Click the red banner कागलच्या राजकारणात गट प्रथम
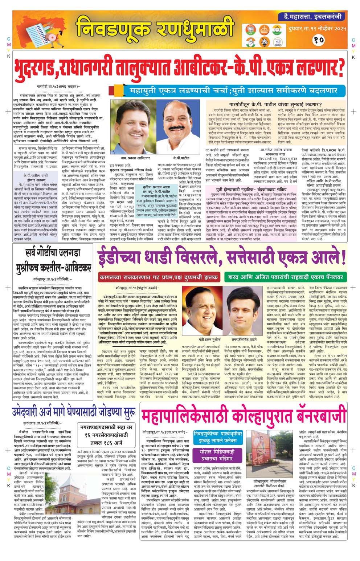pyautogui.click(x=159, y=277)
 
